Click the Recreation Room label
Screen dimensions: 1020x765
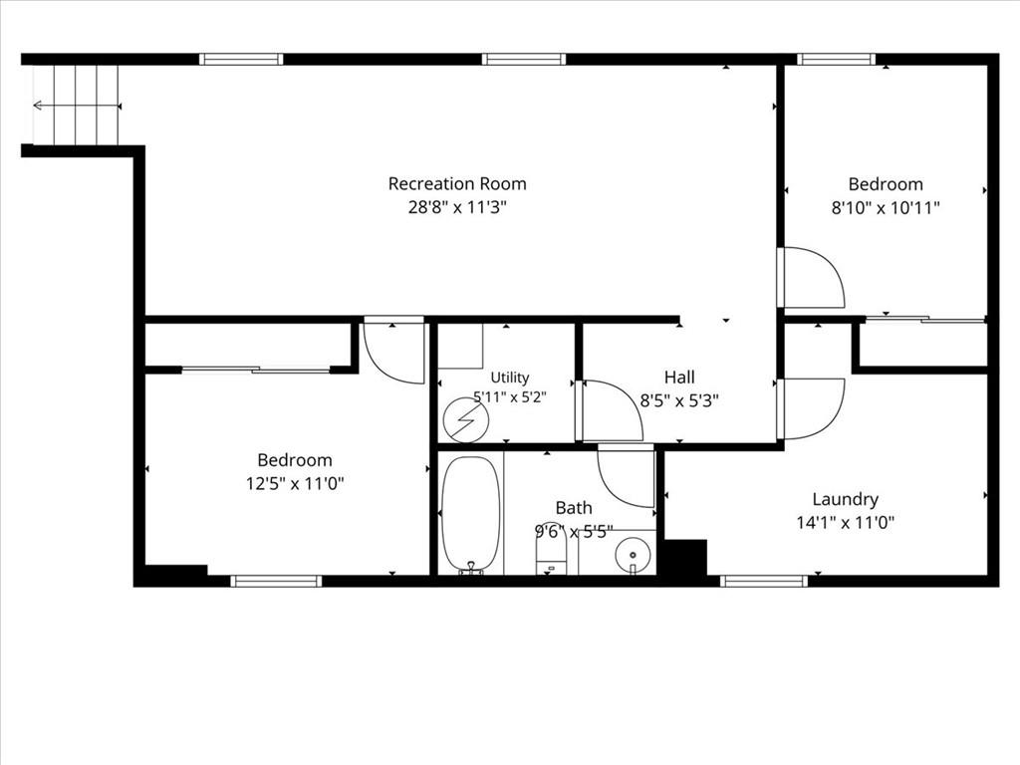click(x=456, y=184)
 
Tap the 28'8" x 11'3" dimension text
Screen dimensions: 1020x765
click(x=456, y=207)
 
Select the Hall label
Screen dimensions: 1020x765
click(x=679, y=377)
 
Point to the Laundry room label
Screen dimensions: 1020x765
click(x=845, y=500)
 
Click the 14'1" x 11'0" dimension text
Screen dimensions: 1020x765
click(x=845, y=522)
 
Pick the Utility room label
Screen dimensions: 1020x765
click(x=509, y=378)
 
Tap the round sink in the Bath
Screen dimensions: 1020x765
click(x=633, y=555)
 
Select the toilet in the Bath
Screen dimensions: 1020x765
click(x=551, y=553)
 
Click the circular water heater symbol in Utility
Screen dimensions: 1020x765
click(x=466, y=419)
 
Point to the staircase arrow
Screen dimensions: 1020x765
click(x=77, y=106)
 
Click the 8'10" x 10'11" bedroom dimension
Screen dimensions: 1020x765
click(x=886, y=208)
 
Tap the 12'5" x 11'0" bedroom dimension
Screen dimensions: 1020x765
click(x=295, y=484)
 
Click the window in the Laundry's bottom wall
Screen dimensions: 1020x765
click(x=764, y=581)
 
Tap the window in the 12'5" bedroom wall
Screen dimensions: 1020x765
click(x=276, y=581)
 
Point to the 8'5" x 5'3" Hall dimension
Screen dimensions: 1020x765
click(x=679, y=400)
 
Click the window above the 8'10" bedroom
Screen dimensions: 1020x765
click(x=837, y=59)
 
